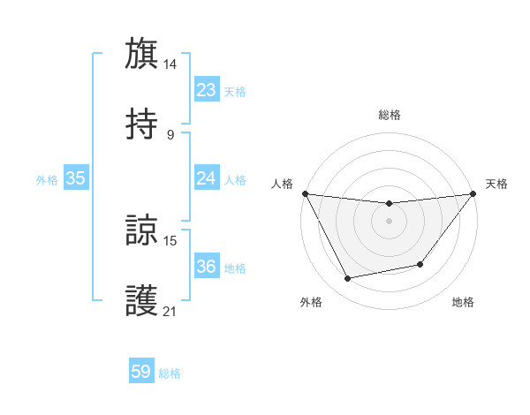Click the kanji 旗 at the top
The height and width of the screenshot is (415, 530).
pyautogui.click(x=142, y=53)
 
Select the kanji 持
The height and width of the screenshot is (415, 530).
pyautogui.click(x=142, y=124)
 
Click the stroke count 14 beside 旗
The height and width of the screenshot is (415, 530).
pyautogui.click(x=170, y=64)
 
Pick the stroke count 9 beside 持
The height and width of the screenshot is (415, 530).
pyautogui.click(x=170, y=135)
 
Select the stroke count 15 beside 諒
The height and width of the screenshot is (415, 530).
pyautogui.click(x=170, y=240)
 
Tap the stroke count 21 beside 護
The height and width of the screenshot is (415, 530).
pyautogui.click(x=170, y=311)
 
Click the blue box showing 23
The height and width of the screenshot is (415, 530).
pyautogui.click(x=207, y=90)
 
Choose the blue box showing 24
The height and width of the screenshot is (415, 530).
pyautogui.click(x=207, y=178)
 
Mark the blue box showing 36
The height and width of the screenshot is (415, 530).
pyautogui.click(x=207, y=267)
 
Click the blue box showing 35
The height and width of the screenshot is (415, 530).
pyautogui.click(x=76, y=178)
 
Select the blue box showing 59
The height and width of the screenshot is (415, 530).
pyautogui.click(x=141, y=373)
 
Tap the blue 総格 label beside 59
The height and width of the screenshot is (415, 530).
pyautogui.click(x=170, y=373)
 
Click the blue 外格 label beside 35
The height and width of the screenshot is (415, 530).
pyautogui.click(x=47, y=179)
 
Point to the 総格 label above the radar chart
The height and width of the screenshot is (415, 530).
pyautogui.click(x=389, y=115)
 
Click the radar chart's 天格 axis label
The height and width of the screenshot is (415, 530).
pyautogui.click(x=496, y=184)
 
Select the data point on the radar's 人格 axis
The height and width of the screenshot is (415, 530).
pyautogui.click(x=306, y=193)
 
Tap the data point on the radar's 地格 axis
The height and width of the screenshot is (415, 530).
pyautogui.click(x=420, y=264)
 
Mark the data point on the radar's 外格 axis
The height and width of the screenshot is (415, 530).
pyautogui.click(x=347, y=279)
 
